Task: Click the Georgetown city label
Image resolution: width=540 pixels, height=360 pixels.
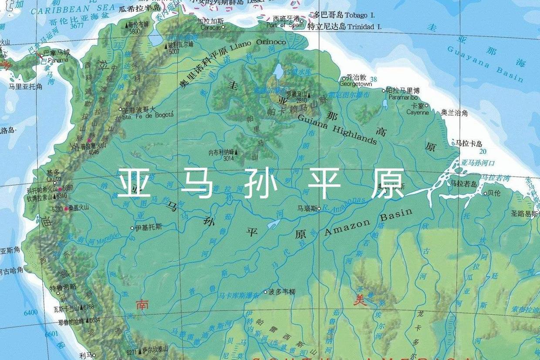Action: coord(356,84)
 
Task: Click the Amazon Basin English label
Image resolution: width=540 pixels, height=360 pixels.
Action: coord(368,222)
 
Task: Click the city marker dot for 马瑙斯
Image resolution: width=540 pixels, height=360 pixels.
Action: coord(319,209)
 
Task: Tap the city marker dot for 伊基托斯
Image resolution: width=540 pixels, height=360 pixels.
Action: coord(132,228)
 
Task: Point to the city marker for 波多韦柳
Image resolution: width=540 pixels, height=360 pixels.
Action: coord(265,292)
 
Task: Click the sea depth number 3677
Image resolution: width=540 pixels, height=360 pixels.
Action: coord(77,25)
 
